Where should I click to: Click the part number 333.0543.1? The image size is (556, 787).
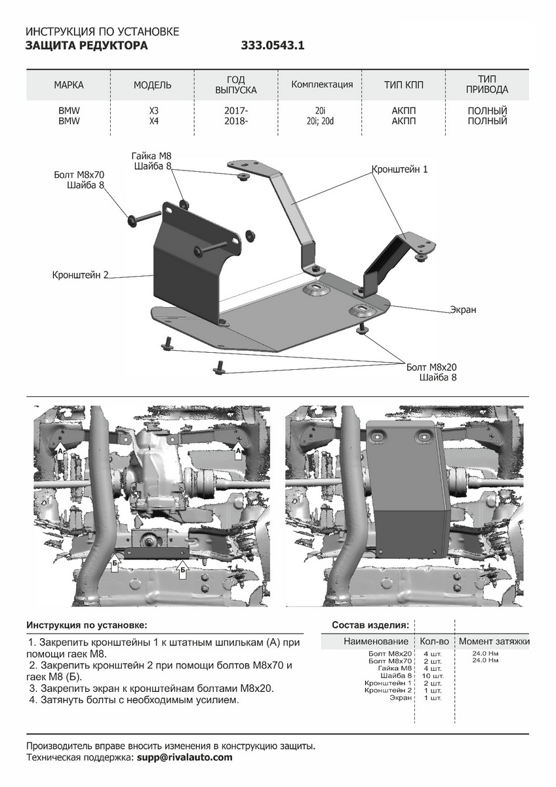point(273,46)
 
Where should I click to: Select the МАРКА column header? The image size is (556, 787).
point(69,85)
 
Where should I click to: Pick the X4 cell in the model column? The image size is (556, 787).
point(153,121)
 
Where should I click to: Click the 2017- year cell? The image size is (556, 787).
point(236,111)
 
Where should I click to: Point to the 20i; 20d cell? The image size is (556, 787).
point(321,121)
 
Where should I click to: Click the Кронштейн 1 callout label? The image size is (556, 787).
point(400,169)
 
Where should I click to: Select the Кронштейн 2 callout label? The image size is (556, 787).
point(80,275)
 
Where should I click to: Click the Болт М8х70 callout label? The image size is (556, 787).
point(79,174)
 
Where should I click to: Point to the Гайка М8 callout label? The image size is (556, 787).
point(151,156)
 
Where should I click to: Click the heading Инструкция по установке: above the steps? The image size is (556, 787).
point(87,625)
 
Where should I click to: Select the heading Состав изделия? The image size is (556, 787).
point(370,625)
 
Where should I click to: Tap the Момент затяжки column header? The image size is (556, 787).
point(494,641)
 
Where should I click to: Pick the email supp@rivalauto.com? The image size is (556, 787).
point(184,757)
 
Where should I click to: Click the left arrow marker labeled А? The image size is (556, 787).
point(60,452)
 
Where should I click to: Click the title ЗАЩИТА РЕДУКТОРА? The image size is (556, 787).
point(87,46)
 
